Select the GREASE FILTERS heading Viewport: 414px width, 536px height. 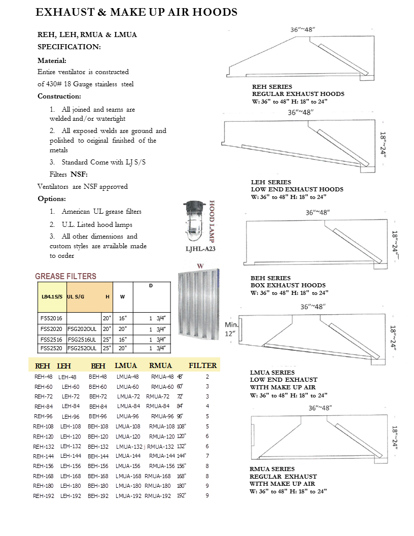point(65,276)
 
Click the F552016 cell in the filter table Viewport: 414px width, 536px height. point(50,318)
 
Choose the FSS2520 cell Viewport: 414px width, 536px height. point(50,348)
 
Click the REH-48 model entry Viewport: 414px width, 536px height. point(43,377)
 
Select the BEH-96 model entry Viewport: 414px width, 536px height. point(98,416)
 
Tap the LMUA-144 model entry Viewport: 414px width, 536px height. point(127,456)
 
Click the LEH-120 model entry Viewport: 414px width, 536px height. point(71,436)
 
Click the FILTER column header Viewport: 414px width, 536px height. point(203,365)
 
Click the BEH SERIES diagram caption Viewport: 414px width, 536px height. point(271,278)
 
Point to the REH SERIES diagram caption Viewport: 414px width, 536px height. point(272,87)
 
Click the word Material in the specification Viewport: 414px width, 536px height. point(51,60)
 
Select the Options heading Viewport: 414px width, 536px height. point(51,198)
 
